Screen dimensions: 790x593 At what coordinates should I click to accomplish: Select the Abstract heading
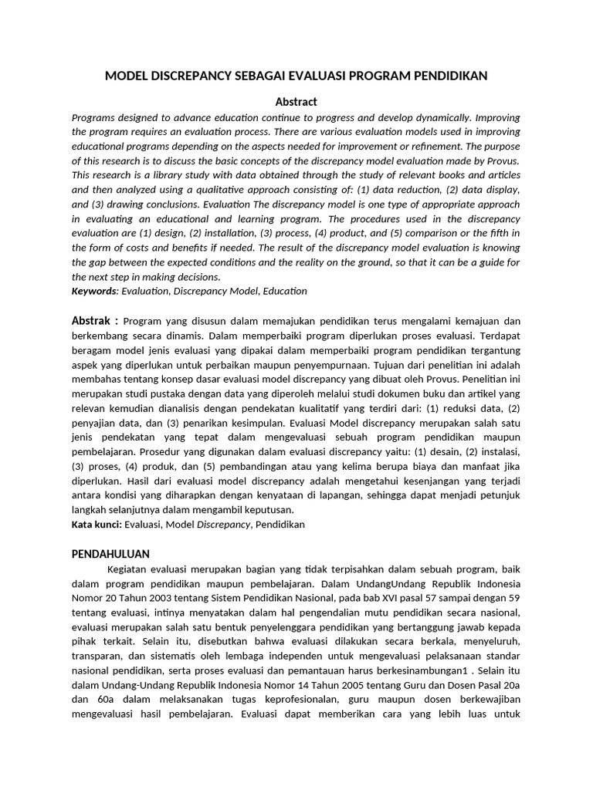tap(296, 102)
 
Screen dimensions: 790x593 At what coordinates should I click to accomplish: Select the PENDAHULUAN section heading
tap(110, 554)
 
